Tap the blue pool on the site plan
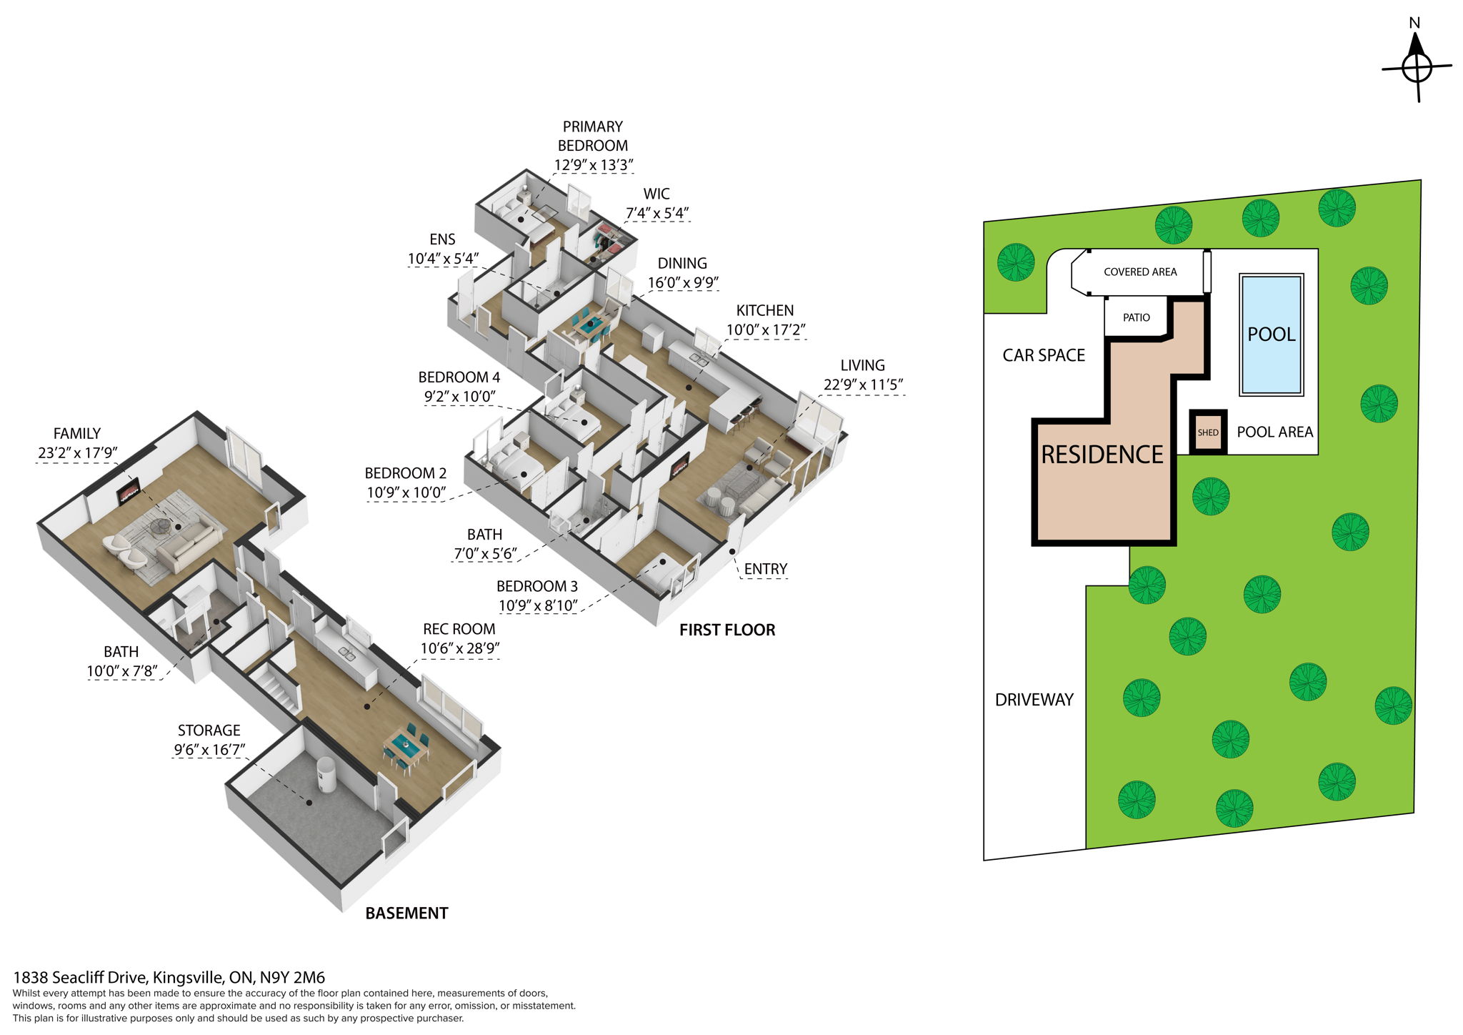point(1271,334)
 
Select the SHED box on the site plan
point(1207,432)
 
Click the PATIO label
point(1136,317)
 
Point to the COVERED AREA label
point(1139,272)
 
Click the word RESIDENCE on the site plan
point(1102,455)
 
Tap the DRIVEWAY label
point(1034,700)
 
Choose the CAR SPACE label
point(1043,355)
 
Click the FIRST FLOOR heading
point(726,630)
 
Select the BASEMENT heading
point(406,913)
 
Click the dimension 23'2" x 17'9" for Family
point(77,452)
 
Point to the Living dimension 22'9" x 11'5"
point(862,385)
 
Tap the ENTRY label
point(765,569)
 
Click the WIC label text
point(656,194)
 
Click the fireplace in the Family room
point(129,492)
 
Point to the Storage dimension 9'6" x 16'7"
point(209,750)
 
